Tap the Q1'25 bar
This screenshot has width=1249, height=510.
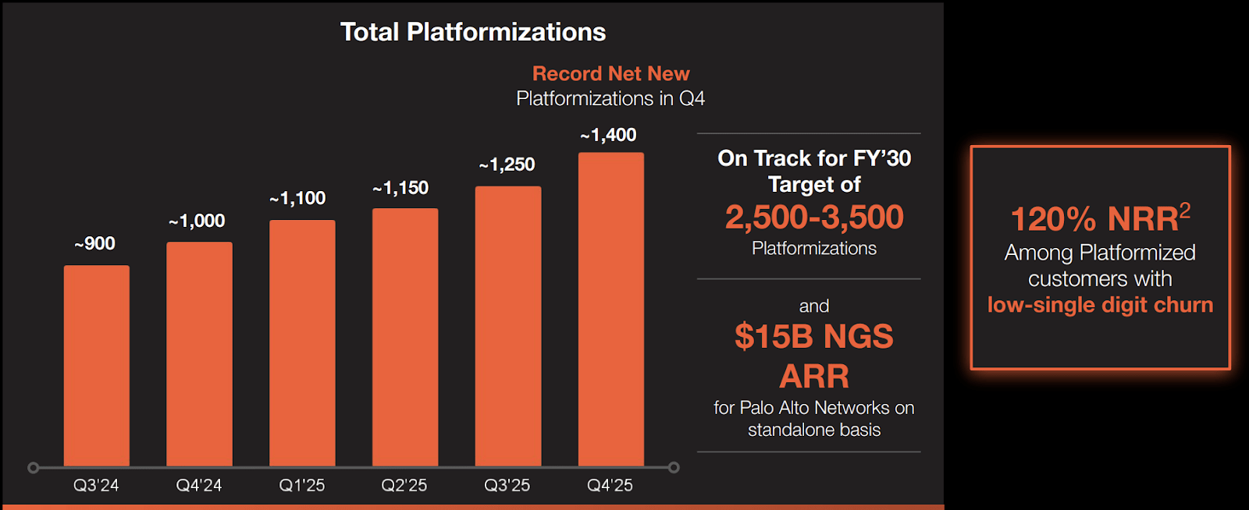302,342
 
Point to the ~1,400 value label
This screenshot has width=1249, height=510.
609,136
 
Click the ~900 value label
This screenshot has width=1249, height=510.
95,244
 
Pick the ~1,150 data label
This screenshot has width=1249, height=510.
400,188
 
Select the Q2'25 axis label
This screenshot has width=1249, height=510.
404,485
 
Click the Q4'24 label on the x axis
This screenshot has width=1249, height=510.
199,485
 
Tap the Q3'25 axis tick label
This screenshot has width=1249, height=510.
507,485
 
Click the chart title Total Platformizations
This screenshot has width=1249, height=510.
473,32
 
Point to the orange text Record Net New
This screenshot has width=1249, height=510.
610,73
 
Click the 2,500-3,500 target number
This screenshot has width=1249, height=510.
814,218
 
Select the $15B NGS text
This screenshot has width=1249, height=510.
814,337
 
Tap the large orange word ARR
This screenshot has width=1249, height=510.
814,377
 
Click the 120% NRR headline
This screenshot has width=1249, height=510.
1094,220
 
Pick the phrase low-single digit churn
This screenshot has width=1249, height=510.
1100,305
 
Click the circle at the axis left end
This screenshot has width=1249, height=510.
33,468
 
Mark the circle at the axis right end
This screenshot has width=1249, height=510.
674,468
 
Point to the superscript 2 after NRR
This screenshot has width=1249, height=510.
1185,210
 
